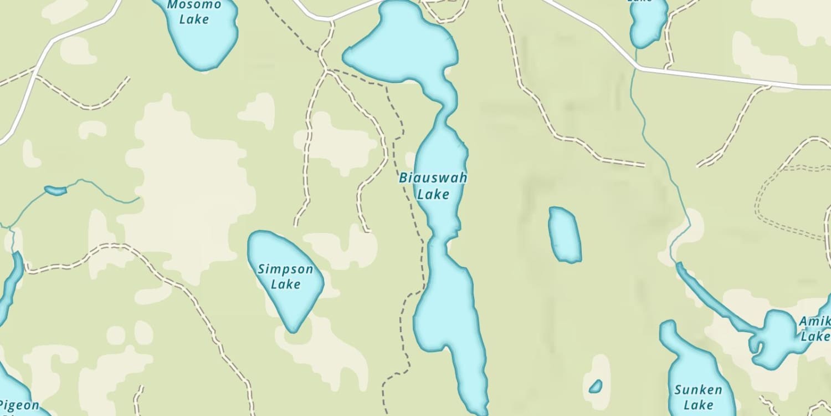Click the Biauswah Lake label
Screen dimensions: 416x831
click(x=433, y=186)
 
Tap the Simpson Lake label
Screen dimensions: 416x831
click(x=285, y=277)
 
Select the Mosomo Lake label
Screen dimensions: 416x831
click(x=194, y=12)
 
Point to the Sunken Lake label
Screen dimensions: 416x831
click(x=698, y=397)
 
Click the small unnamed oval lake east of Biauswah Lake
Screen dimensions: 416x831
click(x=565, y=234)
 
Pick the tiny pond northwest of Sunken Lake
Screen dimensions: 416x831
click(x=596, y=386)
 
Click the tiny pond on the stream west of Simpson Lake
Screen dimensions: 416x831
click(x=55, y=191)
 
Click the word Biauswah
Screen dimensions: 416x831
click(x=433, y=179)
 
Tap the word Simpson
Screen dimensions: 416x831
click(x=285, y=270)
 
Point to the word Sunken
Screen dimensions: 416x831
click(x=698, y=389)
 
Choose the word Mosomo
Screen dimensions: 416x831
click(x=194, y=5)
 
